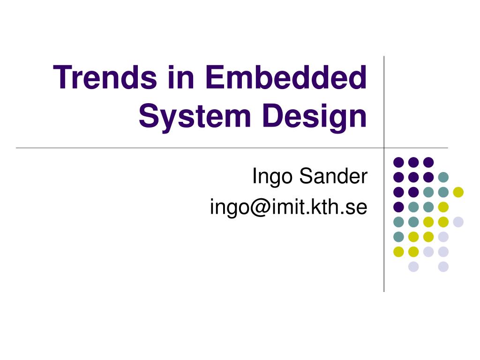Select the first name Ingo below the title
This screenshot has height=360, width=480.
pyautogui.click(x=273, y=177)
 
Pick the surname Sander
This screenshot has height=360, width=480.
pyautogui.click(x=333, y=176)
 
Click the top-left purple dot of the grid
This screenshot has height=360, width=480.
pyautogui.click(x=398, y=162)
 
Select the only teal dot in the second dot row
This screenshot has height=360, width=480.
pyautogui.click(x=443, y=177)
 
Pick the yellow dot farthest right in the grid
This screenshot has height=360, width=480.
pyautogui.click(x=458, y=192)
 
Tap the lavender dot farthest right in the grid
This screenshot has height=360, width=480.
pyautogui.click(x=458, y=222)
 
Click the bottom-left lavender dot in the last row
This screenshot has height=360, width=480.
pyautogui.click(x=413, y=267)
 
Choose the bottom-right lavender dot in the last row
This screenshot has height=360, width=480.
pyautogui.click(x=443, y=267)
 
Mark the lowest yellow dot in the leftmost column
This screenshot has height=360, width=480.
pyautogui.click(x=398, y=252)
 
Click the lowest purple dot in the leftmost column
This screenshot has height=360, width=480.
pyautogui.click(x=398, y=207)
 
